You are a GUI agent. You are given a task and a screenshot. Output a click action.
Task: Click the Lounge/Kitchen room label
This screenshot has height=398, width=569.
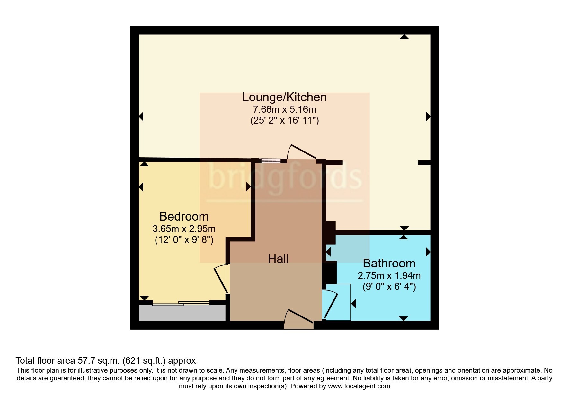284,97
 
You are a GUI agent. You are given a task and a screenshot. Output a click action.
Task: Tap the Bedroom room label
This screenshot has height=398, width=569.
184,217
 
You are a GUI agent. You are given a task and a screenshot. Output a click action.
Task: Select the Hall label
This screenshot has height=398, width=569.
278,259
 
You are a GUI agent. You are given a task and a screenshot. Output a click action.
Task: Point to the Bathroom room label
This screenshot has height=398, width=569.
389,264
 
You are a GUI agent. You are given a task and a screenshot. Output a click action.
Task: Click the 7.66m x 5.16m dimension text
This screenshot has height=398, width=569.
284,109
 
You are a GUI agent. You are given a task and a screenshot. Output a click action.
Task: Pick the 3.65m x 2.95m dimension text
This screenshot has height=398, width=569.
184,229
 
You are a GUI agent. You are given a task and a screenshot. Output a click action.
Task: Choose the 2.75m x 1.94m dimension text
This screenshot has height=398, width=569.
389,276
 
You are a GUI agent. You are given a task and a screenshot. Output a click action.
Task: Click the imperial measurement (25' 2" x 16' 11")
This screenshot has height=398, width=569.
284,121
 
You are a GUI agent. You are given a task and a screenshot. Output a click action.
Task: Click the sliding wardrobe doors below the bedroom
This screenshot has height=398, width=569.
181,303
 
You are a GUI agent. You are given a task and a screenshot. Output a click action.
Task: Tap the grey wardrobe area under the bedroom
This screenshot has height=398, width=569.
182,313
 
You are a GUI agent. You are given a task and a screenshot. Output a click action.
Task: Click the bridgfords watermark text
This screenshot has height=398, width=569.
284,177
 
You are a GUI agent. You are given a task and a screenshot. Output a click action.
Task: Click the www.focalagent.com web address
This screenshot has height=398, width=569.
359,386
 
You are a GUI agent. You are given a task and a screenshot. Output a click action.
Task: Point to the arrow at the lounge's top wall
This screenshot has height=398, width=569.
404,37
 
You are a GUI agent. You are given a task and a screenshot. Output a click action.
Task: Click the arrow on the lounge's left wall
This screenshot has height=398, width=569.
141,116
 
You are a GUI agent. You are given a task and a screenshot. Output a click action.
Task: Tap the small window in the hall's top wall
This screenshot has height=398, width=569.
271,161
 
